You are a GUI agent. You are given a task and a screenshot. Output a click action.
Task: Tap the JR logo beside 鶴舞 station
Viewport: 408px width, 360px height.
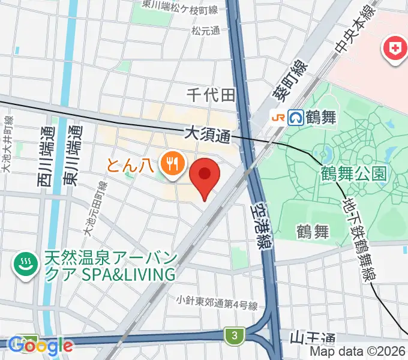tap(278, 116)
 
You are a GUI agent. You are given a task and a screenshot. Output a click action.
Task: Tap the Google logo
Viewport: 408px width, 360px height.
tap(40, 346)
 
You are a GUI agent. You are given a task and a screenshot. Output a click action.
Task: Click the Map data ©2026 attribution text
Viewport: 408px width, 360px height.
tap(358, 352)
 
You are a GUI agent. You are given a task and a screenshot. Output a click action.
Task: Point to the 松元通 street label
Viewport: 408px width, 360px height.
tap(206, 30)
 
